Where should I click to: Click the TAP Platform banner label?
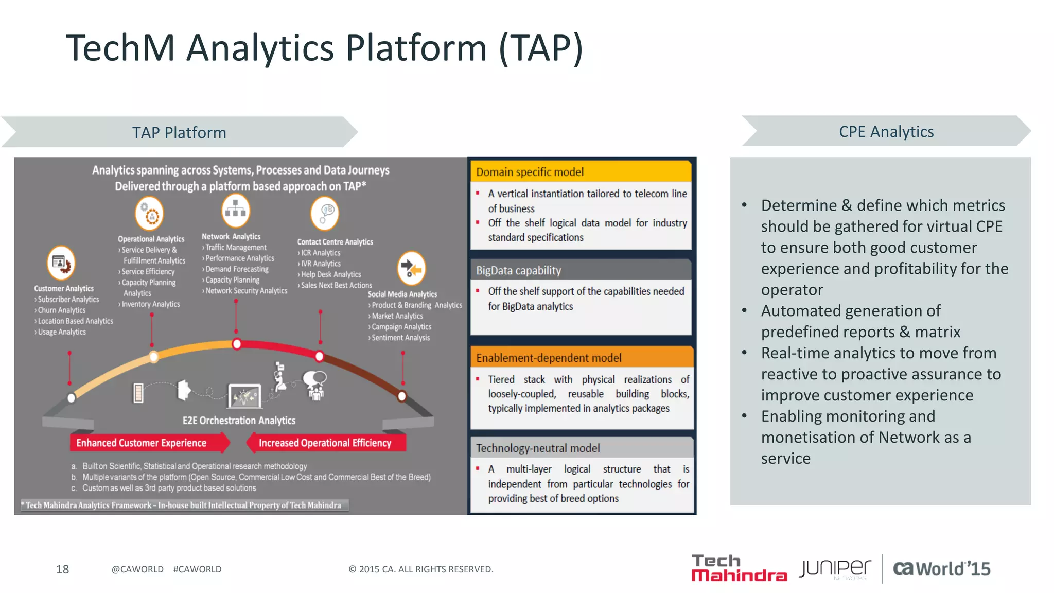pos(179,133)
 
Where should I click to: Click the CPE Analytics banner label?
pos(886,132)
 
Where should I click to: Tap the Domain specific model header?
pos(530,172)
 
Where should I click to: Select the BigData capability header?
pos(518,270)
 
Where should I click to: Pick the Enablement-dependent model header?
pos(549,358)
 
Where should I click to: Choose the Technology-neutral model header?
pos(538,448)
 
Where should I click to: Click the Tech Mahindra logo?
pos(739,568)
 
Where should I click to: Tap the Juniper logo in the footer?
pos(835,569)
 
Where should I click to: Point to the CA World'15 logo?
pos(941,569)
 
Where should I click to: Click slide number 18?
pos(62,569)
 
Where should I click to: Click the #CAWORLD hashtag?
pos(197,569)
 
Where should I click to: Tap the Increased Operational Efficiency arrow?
pos(326,443)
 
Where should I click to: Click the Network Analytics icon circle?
pos(235,211)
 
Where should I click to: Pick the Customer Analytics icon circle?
pos(61,263)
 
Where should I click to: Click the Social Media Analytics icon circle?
pos(411,268)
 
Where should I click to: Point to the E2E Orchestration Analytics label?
pos(239,421)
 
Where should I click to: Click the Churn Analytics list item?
pos(61,310)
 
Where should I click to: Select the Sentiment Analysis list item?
pos(400,338)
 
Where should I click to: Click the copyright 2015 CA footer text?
pos(420,569)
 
